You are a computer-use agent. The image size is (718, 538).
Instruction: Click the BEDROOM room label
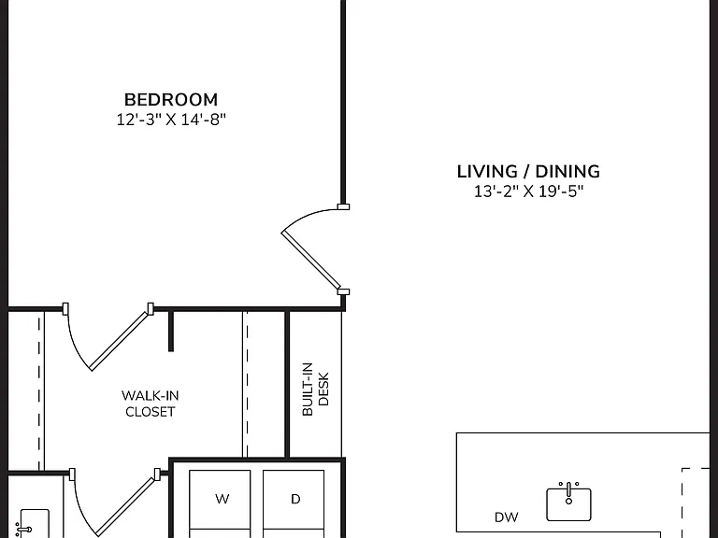(x=171, y=100)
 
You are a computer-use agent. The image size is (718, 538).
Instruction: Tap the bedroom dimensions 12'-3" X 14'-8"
(x=171, y=120)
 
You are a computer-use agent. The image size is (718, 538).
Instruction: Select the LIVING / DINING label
(x=528, y=172)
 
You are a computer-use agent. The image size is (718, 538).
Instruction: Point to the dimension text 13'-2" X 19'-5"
(x=528, y=191)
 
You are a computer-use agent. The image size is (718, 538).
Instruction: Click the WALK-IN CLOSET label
(x=151, y=403)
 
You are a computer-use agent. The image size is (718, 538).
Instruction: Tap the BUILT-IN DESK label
(x=315, y=389)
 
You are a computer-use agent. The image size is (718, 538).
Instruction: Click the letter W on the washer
(x=223, y=499)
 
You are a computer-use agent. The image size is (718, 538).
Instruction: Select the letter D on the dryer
(x=295, y=499)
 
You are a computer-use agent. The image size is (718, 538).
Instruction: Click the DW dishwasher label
(x=507, y=517)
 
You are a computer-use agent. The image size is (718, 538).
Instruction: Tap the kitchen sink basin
(x=568, y=505)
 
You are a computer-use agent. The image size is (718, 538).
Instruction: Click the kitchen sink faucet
(x=568, y=493)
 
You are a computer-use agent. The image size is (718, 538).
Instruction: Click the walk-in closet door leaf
(x=120, y=340)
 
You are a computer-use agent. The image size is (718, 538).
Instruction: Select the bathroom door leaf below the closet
(x=126, y=506)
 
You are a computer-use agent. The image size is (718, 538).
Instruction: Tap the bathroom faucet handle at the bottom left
(x=22, y=531)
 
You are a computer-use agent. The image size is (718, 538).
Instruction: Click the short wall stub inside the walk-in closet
(x=171, y=332)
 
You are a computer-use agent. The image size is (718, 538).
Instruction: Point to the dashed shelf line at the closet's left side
(x=39, y=391)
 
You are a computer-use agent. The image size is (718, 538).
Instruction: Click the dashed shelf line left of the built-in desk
(x=247, y=384)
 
